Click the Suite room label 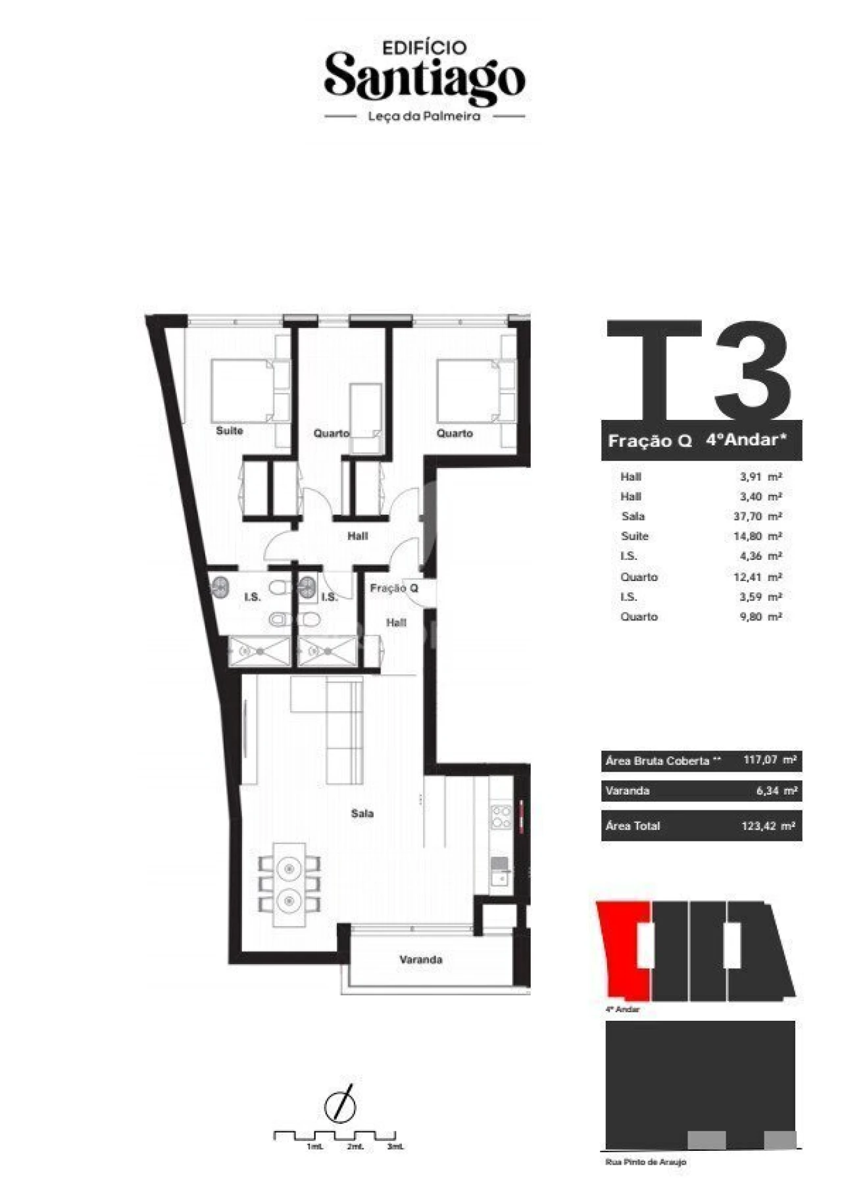click(230, 431)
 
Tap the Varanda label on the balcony click(421, 960)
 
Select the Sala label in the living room click(362, 814)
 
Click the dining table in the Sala click(289, 884)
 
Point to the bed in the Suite click(242, 390)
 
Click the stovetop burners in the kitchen click(501, 816)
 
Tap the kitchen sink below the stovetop click(501, 872)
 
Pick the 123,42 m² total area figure click(768, 826)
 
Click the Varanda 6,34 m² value click(777, 791)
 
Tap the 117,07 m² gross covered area click(770, 760)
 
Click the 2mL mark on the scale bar click(355, 1147)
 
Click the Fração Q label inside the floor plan click(394, 588)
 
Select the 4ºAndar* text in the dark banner click(746, 440)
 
